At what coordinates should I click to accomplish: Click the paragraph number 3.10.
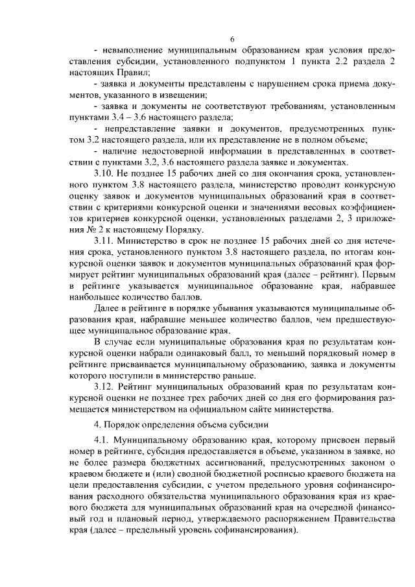click(x=105, y=174)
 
